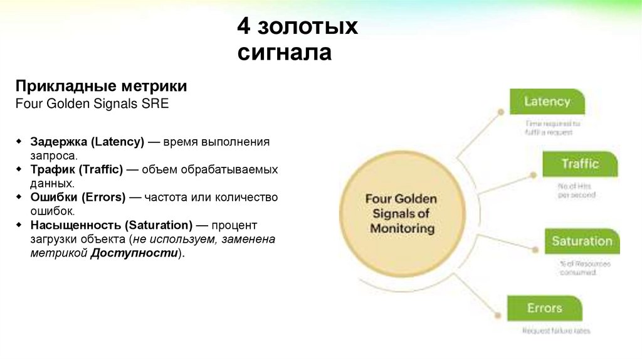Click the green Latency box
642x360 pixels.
coord(546,102)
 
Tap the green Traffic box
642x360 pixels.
coord(580,164)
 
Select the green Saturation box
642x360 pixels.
coord(581,241)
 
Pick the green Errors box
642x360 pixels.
coord(544,308)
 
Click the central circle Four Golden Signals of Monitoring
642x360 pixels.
coord(401,213)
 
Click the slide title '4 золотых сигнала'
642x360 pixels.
coord(297,40)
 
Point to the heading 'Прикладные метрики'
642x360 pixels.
coord(101,86)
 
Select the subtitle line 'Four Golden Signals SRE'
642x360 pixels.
coord(92,103)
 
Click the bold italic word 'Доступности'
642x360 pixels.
coord(134,253)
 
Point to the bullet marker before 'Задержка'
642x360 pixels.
coord(19,142)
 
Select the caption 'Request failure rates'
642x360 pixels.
coord(557,331)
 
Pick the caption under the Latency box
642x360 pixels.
coord(552,128)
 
